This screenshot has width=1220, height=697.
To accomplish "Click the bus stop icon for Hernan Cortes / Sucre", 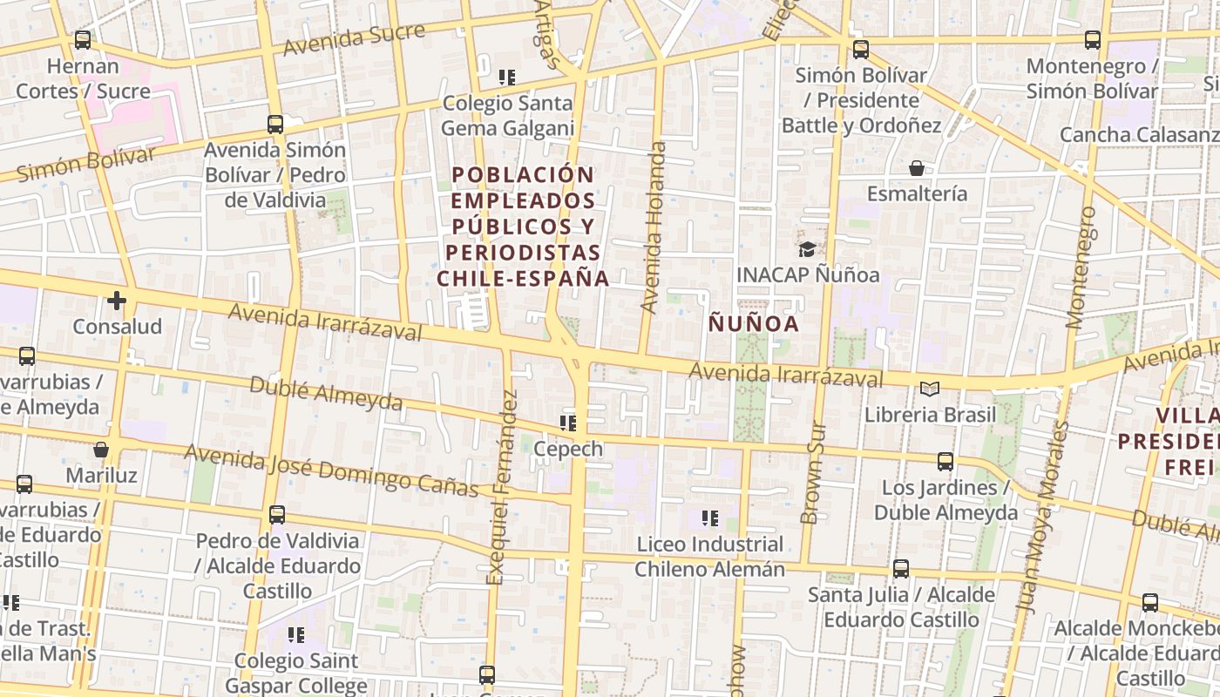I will click(83, 39).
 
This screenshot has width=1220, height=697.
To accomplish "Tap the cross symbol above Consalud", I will click(116, 301).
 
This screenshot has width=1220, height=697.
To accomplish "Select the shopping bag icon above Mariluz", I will click(101, 450).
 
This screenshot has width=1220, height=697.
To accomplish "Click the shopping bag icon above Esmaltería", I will click(916, 167).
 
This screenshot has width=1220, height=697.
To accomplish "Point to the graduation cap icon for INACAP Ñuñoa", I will click(807, 249).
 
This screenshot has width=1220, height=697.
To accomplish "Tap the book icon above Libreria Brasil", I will click(930, 389).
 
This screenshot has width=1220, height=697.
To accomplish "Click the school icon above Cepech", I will click(568, 423).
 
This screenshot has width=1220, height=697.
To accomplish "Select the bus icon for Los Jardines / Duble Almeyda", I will click(945, 462).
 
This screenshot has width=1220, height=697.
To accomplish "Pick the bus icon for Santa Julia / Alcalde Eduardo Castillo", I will click(901, 569).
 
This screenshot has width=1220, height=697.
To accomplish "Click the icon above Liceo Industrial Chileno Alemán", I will click(709, 518).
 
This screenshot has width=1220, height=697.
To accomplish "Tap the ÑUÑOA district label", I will click(753, 324).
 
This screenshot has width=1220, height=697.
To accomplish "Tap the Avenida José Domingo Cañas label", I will click(331, 470).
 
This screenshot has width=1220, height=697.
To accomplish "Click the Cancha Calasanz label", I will click(1138, 135).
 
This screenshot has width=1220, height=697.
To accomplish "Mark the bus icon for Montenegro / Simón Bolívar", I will click(1092, 39).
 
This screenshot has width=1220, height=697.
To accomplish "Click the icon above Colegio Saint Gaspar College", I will click(296, 634).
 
